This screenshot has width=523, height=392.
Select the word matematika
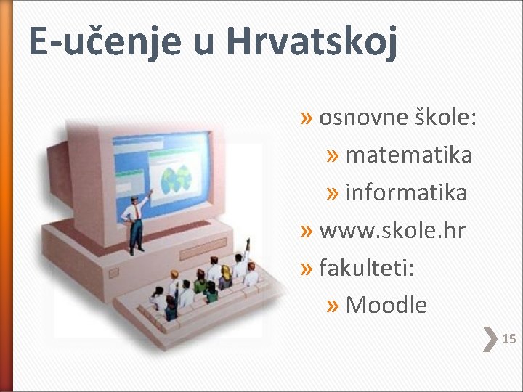408,155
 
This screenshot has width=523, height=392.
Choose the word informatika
406,193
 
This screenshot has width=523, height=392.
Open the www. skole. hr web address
392,231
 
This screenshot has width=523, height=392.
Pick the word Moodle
386,306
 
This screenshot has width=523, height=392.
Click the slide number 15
509,339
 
